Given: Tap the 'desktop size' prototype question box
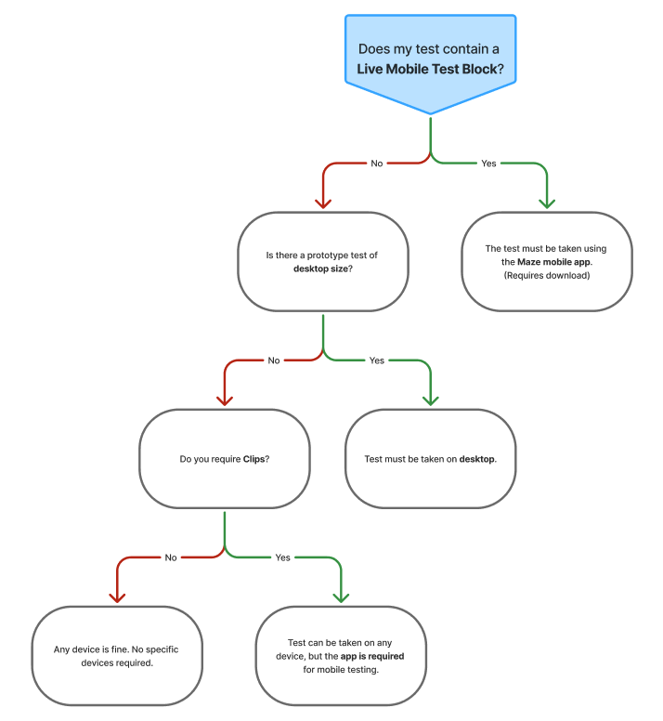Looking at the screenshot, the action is click(323, 262).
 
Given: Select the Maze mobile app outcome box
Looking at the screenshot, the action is click(547, 262).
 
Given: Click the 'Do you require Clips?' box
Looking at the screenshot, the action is click(225, 459).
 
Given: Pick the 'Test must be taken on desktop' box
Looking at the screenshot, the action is click(431, 459).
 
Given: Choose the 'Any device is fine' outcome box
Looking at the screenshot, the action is click(117, 656).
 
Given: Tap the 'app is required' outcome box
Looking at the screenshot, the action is click(341, 656).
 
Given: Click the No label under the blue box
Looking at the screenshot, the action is click(377, 164).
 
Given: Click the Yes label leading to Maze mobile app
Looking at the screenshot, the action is click(488, 164).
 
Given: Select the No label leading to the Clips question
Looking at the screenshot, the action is click(274, 360).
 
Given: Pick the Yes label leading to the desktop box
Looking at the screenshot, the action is click(377, 360).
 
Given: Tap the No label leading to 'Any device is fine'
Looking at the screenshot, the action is click(171, 557).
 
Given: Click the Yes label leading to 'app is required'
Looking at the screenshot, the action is click(282, 557).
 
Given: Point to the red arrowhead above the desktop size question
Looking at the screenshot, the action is click(323, 203).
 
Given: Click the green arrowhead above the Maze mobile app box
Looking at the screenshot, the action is click(547, 203).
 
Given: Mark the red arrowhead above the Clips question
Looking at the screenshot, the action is click(225, 401).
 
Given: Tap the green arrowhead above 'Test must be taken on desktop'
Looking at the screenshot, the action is click(431, 401).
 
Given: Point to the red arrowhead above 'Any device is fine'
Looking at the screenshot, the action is click(117, 597).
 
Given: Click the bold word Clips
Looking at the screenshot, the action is click(253, 459).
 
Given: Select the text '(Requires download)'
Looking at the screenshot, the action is click(547, 275).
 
